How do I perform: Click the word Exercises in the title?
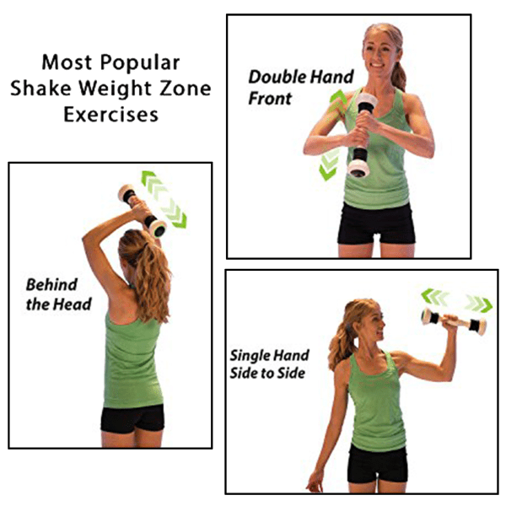[110, 114]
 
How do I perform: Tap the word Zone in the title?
[184, 89]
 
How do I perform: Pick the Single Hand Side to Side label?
[269, 364]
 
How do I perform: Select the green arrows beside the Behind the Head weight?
[164, 200]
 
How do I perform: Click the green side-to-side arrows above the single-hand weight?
[456, 299]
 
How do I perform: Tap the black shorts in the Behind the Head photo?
[132, 418]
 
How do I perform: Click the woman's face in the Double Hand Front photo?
[379, 51]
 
